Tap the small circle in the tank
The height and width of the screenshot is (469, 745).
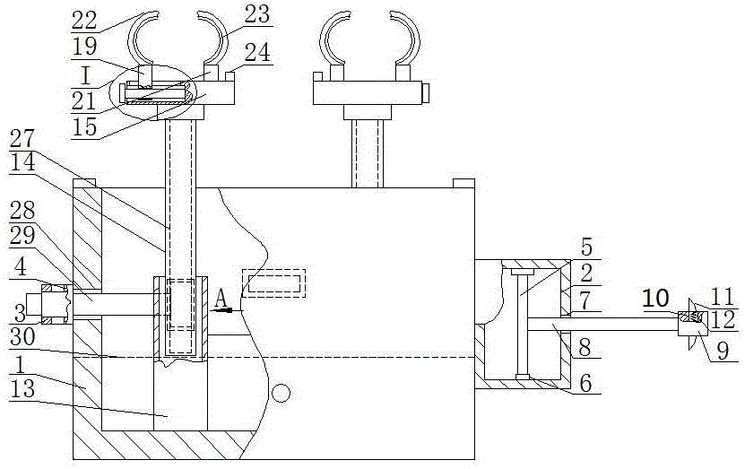(283, 393)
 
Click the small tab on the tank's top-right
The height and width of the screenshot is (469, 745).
(463, 184)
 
